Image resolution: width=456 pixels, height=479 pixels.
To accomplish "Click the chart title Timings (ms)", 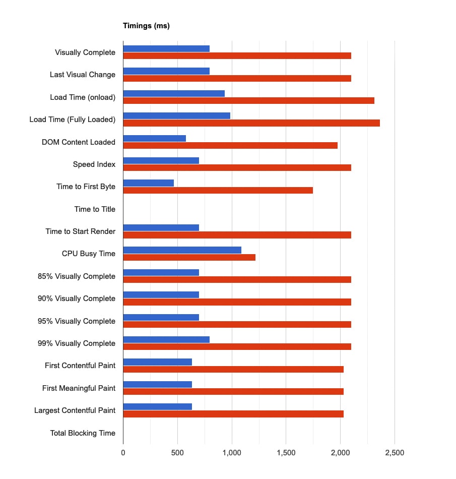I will (x=146, y=26).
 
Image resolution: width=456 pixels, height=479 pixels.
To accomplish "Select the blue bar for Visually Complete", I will (x=166, y=48).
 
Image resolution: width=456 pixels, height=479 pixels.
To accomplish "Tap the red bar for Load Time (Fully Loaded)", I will (x=251, y=123).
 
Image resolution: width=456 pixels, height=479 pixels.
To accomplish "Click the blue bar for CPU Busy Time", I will (x=182, y=250).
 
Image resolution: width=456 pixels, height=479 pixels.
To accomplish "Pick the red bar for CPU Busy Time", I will (x=189, y=258).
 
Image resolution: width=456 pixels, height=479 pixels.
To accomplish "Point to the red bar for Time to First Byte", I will (x=218, y=190).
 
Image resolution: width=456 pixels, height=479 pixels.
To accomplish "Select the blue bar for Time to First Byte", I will (x=148, y=183).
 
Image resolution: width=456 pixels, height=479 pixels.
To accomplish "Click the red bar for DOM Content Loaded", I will (x=230, y=145).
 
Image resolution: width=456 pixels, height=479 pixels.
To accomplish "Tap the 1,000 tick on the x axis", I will (x=231, y=453).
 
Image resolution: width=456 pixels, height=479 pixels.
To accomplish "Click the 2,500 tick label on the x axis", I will (x=394, y=453).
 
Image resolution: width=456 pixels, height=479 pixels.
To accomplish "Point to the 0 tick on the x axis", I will (x=123, y=453).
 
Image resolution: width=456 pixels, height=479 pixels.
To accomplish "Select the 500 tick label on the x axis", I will (x=177, y=453).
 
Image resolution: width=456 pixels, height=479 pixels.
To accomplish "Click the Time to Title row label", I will (x=95, y=209).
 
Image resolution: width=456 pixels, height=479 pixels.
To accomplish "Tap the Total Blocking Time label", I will (x=83, y=433).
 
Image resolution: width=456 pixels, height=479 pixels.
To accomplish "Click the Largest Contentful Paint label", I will (x=75, y=410).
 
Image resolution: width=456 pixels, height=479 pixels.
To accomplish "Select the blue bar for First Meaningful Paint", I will (x=157, y=385).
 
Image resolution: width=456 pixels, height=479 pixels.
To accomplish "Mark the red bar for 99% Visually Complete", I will (x=237, y=347).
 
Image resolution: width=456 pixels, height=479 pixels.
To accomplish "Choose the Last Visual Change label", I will (x=83, y=75).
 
